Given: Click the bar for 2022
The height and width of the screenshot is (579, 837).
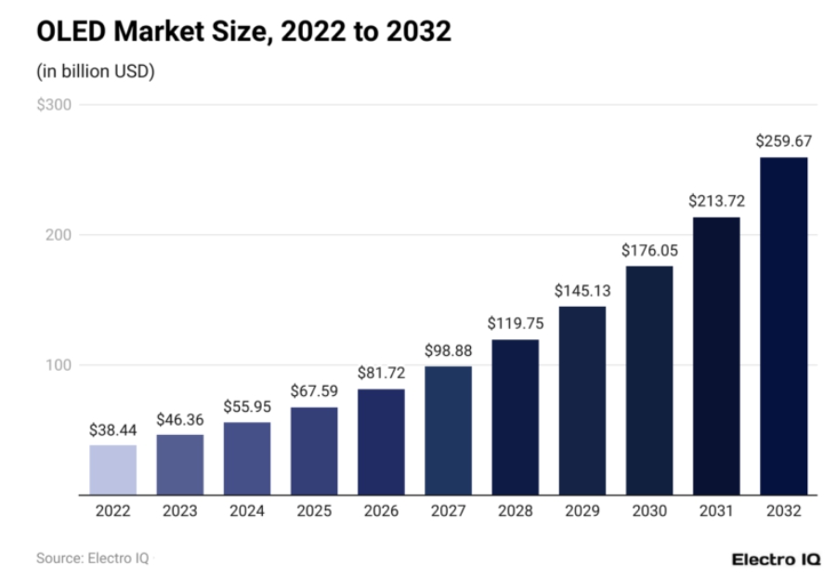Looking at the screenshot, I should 112,469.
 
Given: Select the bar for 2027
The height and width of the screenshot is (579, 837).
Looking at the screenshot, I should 448,430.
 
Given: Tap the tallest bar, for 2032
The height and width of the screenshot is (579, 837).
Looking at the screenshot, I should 783,325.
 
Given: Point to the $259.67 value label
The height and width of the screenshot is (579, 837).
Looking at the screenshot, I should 783,141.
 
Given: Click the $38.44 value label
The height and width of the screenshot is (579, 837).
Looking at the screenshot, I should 112,429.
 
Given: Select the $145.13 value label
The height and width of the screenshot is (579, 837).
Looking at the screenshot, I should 582,290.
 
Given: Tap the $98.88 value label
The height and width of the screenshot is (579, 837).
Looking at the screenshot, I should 448,349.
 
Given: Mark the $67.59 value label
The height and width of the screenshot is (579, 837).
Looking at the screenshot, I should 314,391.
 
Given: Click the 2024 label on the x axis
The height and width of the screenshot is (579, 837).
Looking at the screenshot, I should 246,511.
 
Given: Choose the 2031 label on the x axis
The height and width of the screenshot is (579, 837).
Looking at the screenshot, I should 716,511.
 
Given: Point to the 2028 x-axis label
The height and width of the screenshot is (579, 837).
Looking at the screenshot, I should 515,511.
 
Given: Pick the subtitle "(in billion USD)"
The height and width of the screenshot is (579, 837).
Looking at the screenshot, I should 96,72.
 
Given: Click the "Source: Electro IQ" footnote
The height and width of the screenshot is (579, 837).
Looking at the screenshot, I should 92,559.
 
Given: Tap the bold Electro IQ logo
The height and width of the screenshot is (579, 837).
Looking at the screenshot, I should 776,559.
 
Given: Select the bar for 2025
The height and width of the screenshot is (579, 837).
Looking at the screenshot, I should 314,451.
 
